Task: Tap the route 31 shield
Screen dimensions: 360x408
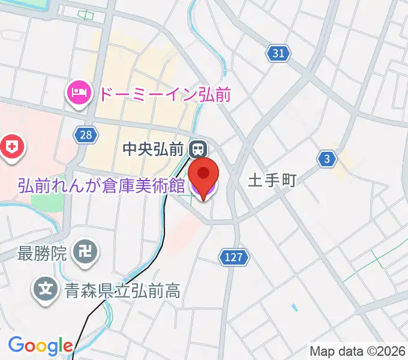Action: pos(278,53)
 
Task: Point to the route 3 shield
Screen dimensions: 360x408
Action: pos(326,158)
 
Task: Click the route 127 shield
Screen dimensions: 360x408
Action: pos(232,257)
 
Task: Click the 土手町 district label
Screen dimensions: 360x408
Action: pos(272,180)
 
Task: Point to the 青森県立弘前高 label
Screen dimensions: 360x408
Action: pos(121,291)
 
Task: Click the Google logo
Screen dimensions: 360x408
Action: pos(40,346)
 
